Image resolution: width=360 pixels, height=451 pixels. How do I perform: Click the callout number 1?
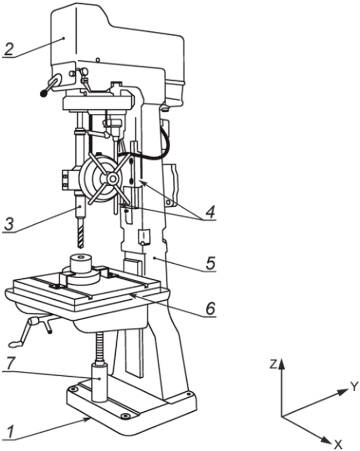pos(11,432)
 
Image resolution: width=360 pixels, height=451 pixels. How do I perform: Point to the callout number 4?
pos(210,212)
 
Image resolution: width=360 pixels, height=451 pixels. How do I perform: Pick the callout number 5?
pos(211,263)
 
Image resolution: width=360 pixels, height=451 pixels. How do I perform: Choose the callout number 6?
pos(210,308)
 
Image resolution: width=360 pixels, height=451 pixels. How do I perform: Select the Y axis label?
pos(355,386)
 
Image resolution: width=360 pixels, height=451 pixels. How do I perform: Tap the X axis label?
pos(337,444)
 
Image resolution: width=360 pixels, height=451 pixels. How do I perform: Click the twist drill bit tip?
pos(81,248)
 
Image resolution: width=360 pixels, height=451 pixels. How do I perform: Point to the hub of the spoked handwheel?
pos(112,179)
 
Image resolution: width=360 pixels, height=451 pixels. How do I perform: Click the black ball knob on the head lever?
pos(44,93)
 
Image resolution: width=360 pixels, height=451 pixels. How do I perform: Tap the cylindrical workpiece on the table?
pos(81,263)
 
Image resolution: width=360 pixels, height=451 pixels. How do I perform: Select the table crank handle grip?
pos(16,343)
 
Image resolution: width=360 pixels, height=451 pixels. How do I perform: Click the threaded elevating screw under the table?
pos(100,347)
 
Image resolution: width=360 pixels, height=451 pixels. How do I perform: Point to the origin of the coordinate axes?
pos(282,416)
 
